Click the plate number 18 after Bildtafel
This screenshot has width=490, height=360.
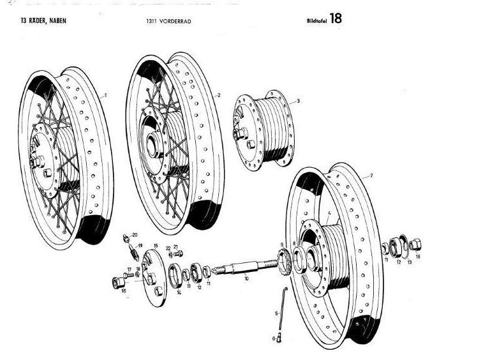(336, 19)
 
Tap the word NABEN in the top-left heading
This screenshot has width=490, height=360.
(54, 20)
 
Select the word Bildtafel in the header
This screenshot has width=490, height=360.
(316, 21)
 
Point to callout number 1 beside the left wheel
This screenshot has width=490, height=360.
(105, 95)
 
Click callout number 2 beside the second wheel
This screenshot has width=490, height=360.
(219, 95)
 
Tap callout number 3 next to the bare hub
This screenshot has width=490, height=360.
(298, 101)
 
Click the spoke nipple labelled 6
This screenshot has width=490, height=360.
(278, 338)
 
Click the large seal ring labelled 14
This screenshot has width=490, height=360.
(172, 275)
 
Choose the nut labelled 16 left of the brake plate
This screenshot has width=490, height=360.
(119, 283)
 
